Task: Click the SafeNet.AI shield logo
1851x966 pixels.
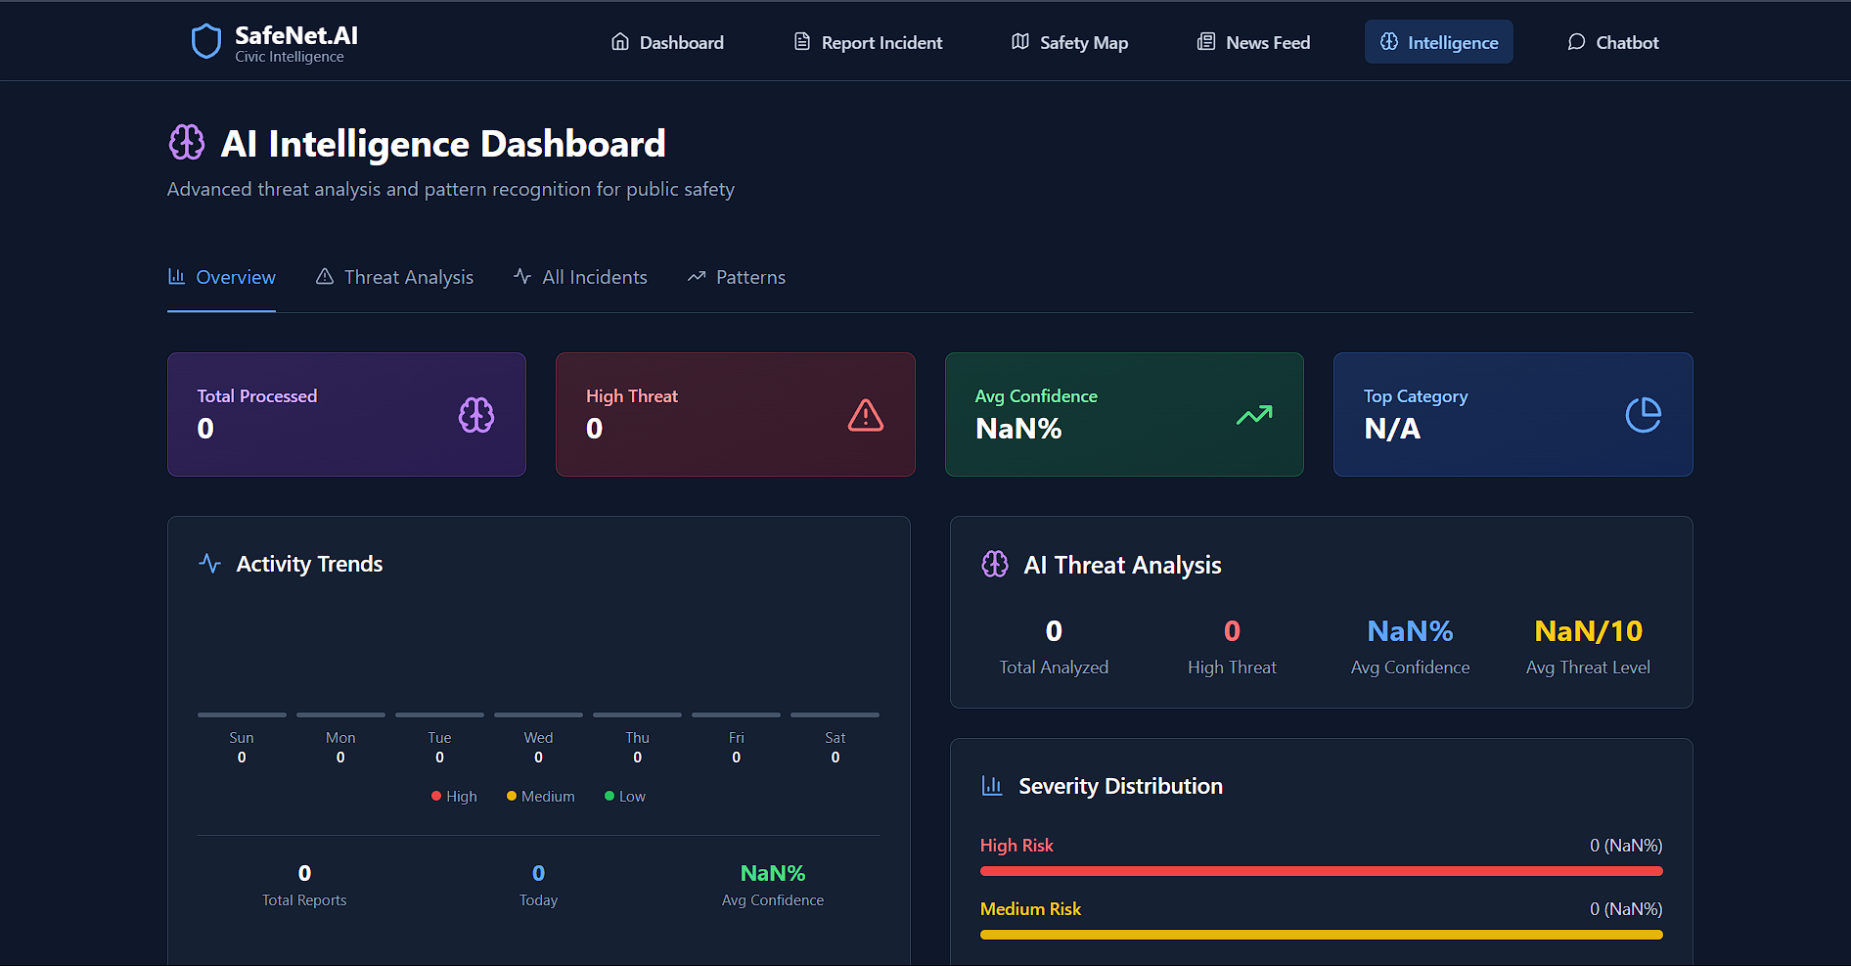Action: pos(205,41)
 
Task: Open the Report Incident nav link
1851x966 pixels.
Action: pos(868,42)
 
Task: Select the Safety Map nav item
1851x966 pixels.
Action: pos(1069,42)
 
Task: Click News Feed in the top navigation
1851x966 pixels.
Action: pos(1253,42)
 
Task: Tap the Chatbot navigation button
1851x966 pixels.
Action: pos(1613,42)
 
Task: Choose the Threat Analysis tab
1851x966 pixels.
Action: pos(394,277)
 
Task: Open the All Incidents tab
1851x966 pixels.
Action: pos(580,277)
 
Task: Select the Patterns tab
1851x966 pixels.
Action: pos(737,277)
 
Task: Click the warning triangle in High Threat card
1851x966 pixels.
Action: pos(866,415)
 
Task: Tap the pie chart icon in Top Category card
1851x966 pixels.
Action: pos(1644,415)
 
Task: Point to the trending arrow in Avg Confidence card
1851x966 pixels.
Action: pos(1254,415)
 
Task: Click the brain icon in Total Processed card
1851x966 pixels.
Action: pos(476,415)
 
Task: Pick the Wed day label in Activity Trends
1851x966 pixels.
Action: pos(538,738)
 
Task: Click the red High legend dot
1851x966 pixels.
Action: pos(436,796)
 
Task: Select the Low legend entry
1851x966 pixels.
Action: pos(625,797)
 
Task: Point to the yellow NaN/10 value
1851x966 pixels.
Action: pos(1588,631)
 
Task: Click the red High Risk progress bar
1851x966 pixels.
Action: pos(1321,871)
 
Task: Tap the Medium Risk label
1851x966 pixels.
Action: pos(1030,909)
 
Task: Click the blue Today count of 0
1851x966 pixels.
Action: pos(538,873)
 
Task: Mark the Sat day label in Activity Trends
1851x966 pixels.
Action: pos(835,738)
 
